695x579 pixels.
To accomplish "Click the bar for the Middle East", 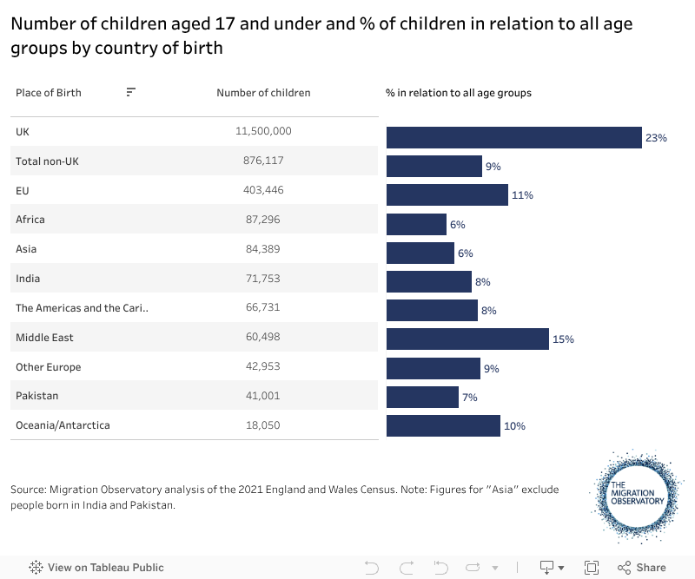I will coord(467,339).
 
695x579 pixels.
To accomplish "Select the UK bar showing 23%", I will coord(513,137).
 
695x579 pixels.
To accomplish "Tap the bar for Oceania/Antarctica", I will coord(443,425).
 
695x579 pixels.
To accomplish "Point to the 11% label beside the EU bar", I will coord(522,195).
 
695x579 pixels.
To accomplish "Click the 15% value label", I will coord(563,339).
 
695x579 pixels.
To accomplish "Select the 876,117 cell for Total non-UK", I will coord(263,161).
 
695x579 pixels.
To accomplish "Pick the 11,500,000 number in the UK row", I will coord(263,131).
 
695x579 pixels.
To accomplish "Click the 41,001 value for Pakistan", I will coord(263,396).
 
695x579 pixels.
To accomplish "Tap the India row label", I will coord(28,279).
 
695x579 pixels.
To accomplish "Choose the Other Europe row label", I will coord(48,367).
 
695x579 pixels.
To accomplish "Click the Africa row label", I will coord(30,220).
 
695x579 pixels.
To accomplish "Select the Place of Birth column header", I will coord(49,93).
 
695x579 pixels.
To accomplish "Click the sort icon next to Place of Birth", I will coord(130,92).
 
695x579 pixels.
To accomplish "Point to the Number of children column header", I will coord(263,93).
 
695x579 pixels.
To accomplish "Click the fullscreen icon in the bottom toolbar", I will coord(592,568).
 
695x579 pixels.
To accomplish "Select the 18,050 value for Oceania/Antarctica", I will coord(263,425).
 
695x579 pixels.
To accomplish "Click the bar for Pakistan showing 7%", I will coord(422,397).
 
